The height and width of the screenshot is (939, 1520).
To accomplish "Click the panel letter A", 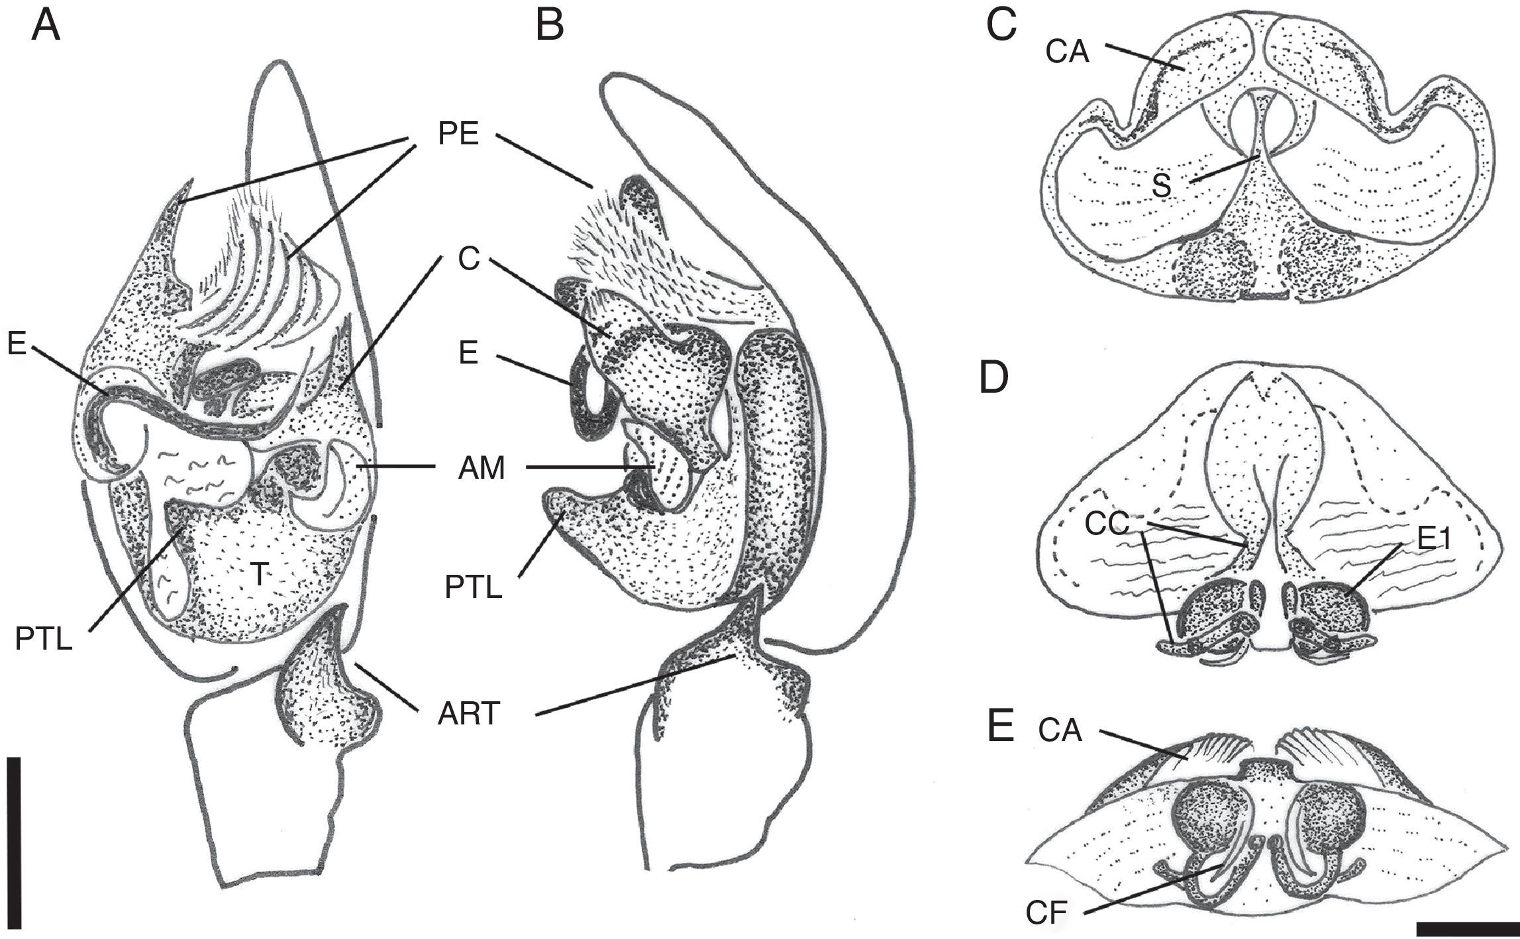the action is (46, 27).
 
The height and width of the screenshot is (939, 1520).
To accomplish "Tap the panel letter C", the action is (1001, 27).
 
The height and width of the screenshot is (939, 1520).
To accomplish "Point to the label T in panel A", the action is (259, 576).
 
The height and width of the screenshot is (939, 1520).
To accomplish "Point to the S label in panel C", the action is (1160, 187).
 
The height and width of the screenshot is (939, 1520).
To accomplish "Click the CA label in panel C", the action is (1068, 52).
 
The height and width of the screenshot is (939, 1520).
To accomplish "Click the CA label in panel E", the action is (1060, 731).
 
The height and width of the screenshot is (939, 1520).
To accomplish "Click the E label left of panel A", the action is (17, 344).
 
